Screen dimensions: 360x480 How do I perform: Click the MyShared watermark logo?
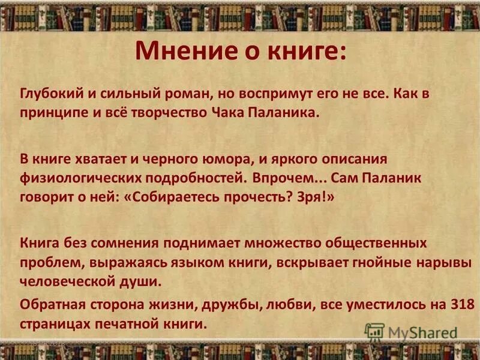(x=411, y=331)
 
